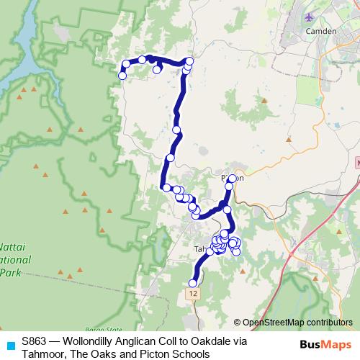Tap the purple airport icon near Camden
310,17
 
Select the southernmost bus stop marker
193,283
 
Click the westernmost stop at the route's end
123,73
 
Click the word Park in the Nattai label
10,273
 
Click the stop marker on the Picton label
233,179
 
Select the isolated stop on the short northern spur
156,69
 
